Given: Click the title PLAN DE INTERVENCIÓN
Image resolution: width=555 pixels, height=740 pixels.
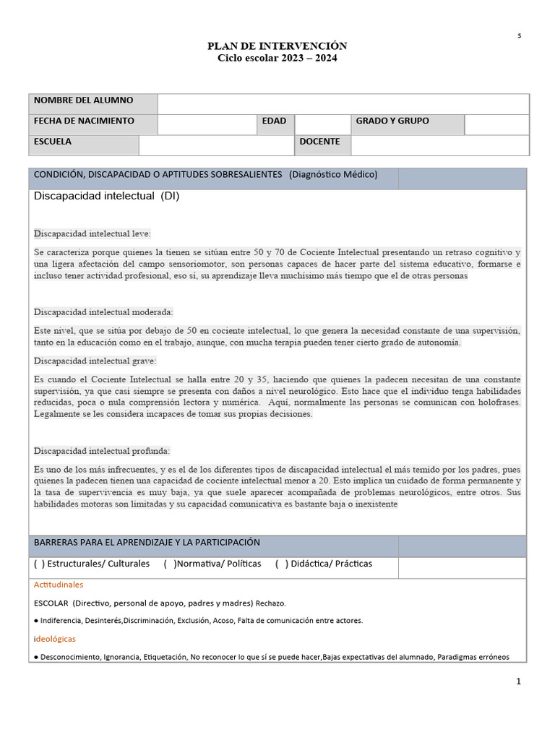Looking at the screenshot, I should coord(277,46).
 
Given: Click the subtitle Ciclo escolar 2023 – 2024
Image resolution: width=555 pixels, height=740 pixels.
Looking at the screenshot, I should coord(277,58).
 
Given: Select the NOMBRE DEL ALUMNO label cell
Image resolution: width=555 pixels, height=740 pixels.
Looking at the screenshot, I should coord(92,103).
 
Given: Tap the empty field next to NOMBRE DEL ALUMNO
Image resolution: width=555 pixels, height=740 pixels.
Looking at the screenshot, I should coord(343,103).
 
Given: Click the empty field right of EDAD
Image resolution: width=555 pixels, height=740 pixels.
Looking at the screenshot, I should coord(322,124).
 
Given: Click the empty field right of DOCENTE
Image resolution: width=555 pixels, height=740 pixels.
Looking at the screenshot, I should coord(439,145).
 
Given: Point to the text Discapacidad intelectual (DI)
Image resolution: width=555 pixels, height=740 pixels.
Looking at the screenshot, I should coord(106,196).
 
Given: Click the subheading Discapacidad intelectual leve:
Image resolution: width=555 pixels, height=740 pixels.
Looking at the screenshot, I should coord(92,233).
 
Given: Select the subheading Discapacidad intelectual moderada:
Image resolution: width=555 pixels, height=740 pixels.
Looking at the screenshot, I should coord(103,312).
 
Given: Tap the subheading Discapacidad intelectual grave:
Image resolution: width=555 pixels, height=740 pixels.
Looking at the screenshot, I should coord(95,361).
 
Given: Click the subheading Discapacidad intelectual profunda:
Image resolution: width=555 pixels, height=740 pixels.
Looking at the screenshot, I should coord(102,451).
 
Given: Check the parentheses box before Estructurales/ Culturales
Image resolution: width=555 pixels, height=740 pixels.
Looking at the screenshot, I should coord(39,564).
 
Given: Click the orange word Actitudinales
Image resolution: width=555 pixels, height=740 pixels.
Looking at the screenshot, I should coord(59,585).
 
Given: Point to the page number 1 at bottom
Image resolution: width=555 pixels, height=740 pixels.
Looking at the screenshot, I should coord(518,681).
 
